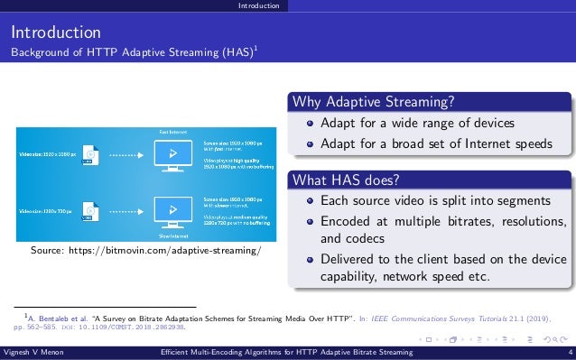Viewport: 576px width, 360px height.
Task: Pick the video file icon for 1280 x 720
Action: click(x=88, y=211)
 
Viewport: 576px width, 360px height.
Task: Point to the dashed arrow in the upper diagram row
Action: click(x=126, y=155)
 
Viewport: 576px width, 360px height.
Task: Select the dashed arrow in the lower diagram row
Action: click(x=126, y=211)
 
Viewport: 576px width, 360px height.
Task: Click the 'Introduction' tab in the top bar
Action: click(x=257, y=6)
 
